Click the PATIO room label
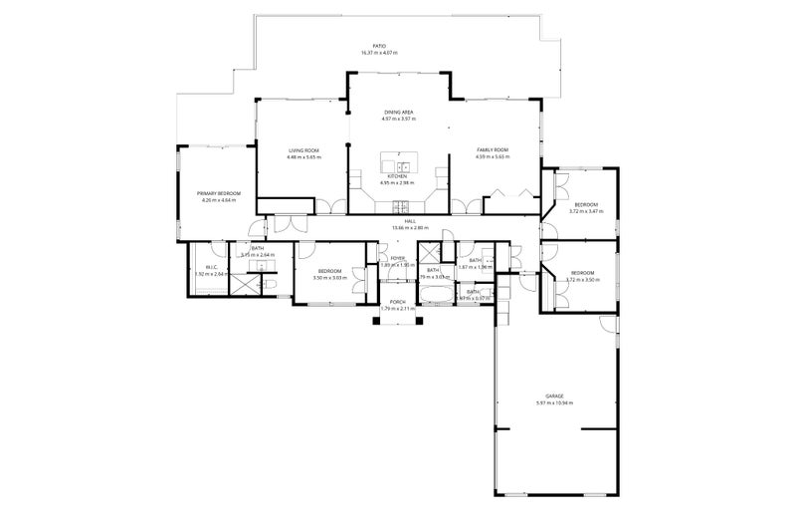pos(378,47)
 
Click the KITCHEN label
pos(398,176)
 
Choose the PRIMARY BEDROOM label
pos(219,193)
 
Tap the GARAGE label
pos(554,395)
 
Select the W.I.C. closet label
pos(212,267)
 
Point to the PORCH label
pos(397,301)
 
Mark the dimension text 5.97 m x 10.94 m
pos(554,402)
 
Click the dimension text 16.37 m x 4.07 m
pos(378,54)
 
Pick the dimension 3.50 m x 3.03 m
pos(329,279)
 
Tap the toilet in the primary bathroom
pos(271,283)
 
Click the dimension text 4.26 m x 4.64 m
pos(219,200)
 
